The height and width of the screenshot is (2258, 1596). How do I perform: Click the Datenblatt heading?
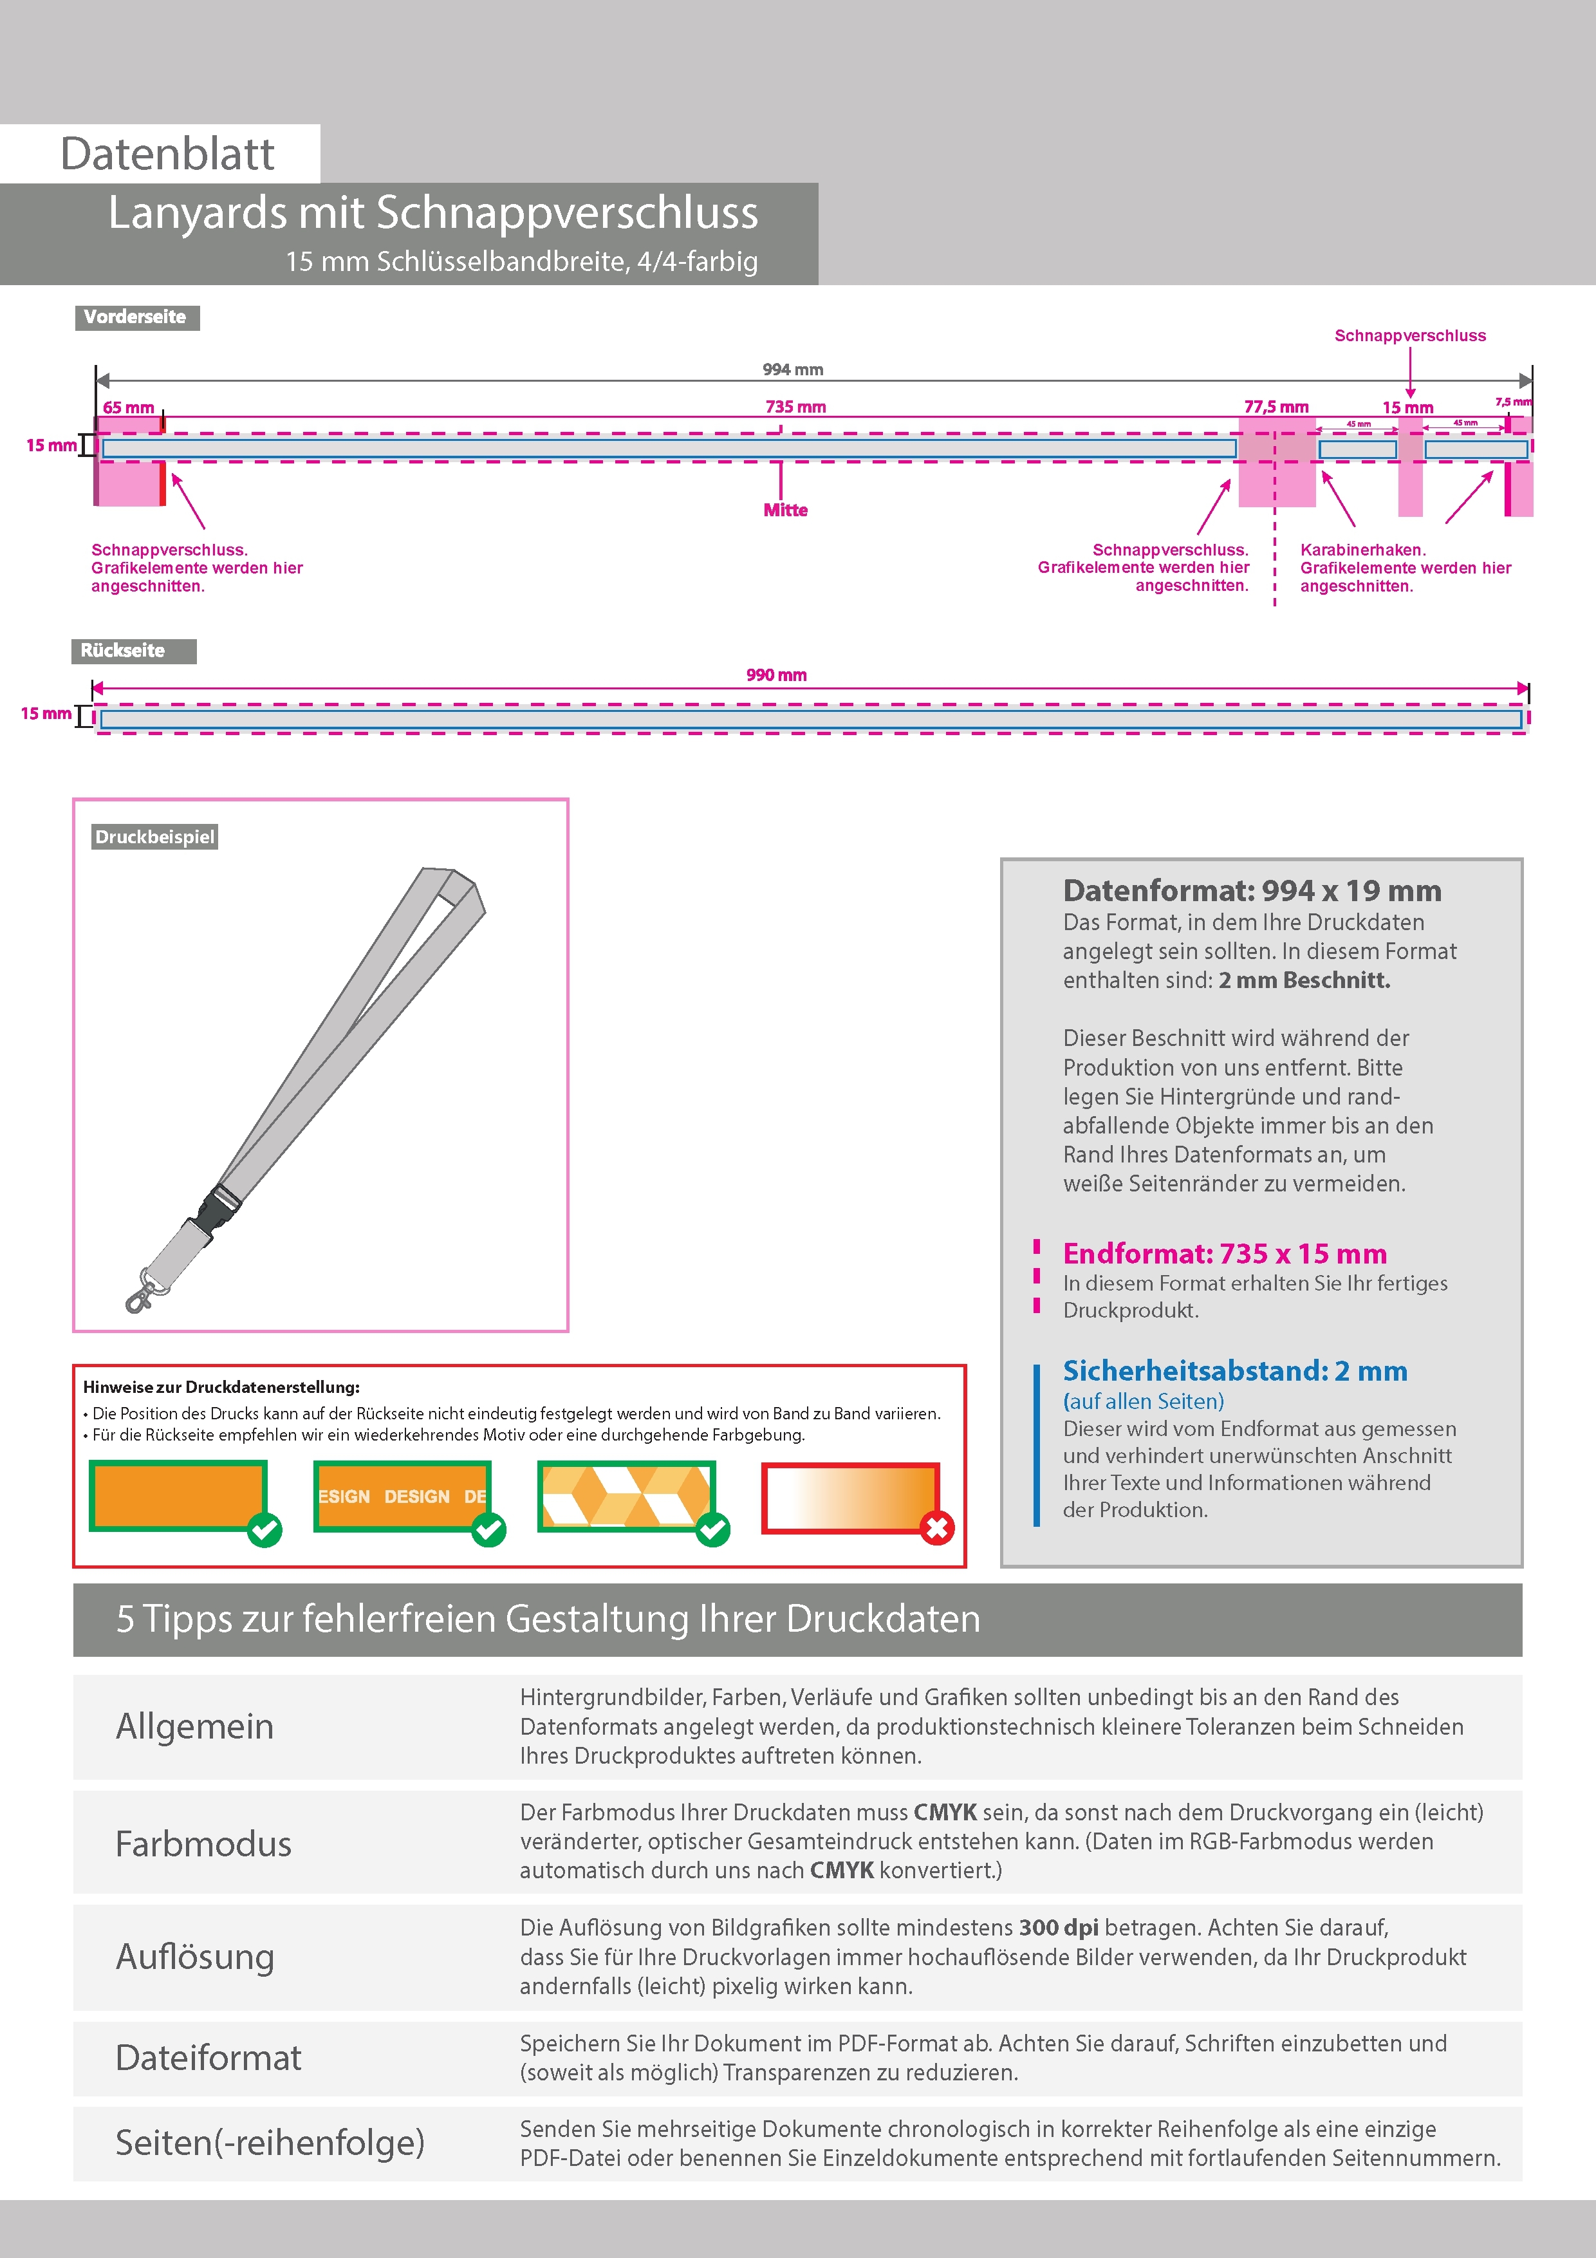pyautogui.click(x=167, y=154)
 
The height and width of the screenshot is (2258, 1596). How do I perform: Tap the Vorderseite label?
pyautogui.click(x=136, y=317)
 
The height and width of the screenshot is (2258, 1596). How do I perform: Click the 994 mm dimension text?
pyautogui.click(x=793, y=369)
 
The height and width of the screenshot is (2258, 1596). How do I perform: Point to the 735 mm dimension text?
pyautogui.click(x=795, y=407)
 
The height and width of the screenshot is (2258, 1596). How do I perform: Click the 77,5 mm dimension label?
pyautogui.click(x=1276, y=407)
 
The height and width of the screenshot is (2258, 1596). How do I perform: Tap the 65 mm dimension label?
pyautogui.click(x=129, y=408)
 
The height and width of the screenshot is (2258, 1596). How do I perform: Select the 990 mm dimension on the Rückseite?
pyautogui.click(x=776, y=675)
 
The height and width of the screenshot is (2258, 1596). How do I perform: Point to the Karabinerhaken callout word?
pyautogui.click(x=1362, y=550)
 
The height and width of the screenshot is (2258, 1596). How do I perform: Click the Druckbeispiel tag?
pyautogui.click(x=154, y=837)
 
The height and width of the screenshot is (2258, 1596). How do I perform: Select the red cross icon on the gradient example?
pyautogui.click(x=936, y=1528)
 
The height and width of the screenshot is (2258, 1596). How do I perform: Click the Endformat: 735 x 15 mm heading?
pyautogui.click(x=1224, y=1254)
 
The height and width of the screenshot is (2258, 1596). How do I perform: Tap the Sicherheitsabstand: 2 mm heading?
pyautogui.click(x=1234, y=1371)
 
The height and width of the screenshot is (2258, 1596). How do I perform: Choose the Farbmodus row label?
pyautogui.click(x=203, y=1844)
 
